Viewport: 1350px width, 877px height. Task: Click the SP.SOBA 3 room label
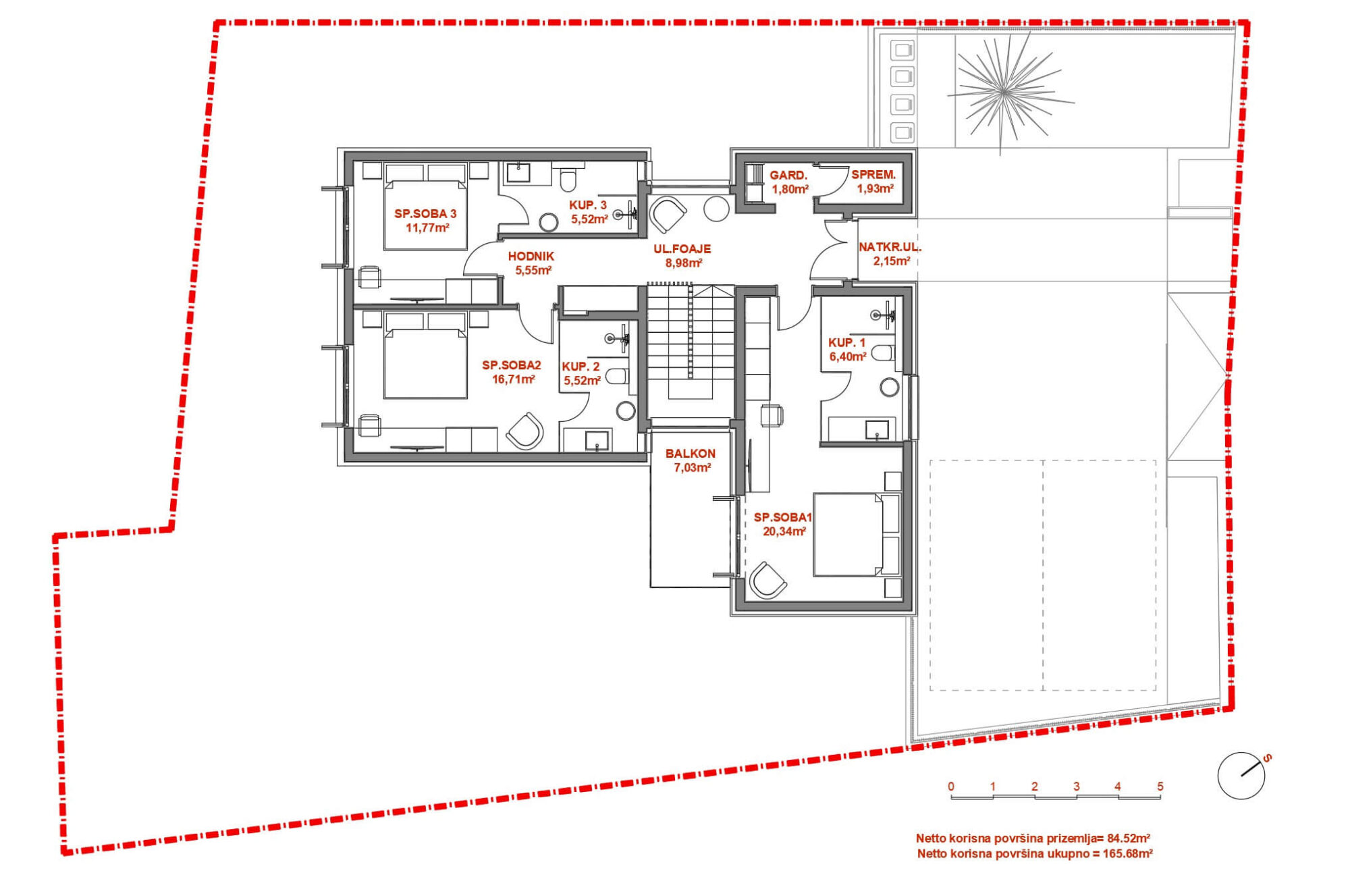[x=425, y=214]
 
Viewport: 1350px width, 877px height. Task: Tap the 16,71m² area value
[x=514, y=379]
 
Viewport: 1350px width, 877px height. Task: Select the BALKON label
[x=690, y=454]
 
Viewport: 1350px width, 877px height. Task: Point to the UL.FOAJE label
[x=682, y=249]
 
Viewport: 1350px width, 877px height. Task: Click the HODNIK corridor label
[x=531, y=257]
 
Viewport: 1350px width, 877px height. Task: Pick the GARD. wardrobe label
[x=788, y=176]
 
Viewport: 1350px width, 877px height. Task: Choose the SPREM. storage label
[x=873, y=175]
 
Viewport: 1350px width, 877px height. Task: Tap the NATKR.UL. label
[x=890, y=247]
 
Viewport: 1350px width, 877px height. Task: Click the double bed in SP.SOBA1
[x=848, y=535]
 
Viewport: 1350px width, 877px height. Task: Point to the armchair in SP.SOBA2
[x=524, y=431]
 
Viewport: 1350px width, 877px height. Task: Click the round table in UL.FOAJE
[x=716, y=209]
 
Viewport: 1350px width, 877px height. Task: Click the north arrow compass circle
[x=1241, y=776]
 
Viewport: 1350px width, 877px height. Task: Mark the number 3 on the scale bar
[x=1076, y=787]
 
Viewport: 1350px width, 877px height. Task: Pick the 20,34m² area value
[x=784, y=532]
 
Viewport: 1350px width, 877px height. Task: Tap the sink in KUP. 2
[x=597, y=441]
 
